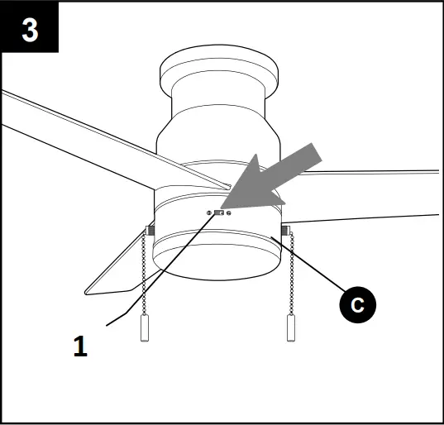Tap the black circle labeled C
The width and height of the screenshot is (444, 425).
point(356,303)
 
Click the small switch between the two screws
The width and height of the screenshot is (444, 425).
point(218,212)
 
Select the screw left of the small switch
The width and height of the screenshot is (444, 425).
point(208,212)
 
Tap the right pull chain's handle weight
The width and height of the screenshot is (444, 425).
point(290,329)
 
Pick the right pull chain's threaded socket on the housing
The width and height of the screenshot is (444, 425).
point(284,230)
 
